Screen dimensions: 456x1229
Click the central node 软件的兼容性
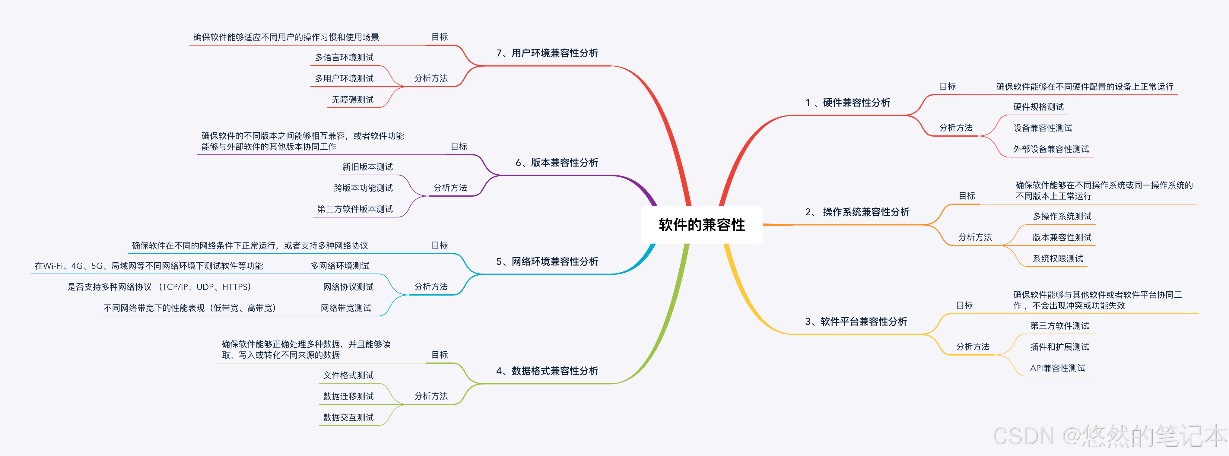[x=701, y=225]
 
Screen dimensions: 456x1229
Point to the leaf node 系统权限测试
[x=1057, y=258]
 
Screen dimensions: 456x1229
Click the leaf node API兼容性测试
[x=1057, y=368]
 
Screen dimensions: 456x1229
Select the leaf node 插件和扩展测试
[x=1059, y=347]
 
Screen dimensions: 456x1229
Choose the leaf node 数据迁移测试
[x=348, y=396]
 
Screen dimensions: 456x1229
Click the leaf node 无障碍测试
[x=353, y=100]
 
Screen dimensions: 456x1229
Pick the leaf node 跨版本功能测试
[x=363, y=188]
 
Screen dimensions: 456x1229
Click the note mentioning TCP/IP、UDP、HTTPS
[x=159, y=287]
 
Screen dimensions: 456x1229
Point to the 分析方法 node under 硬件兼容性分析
[x=956, y=128]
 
